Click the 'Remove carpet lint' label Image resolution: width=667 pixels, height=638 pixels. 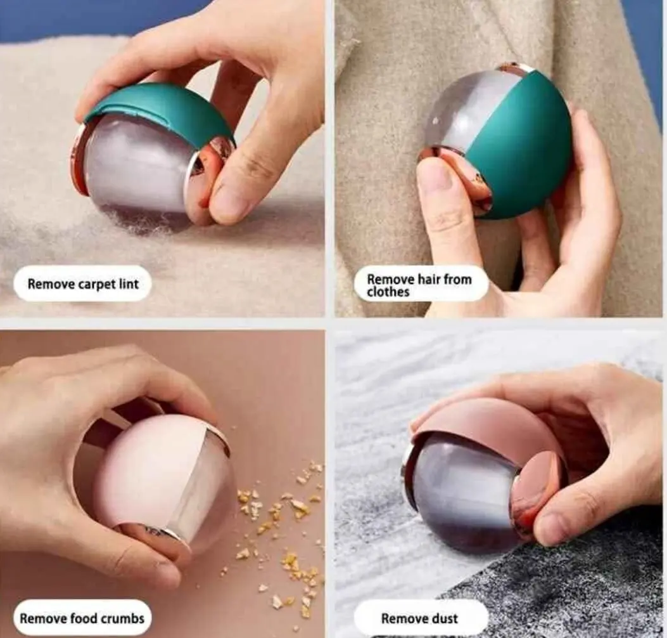[82, 283]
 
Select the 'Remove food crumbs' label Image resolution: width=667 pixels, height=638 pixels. [82, 618]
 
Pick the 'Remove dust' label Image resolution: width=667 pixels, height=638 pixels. [420, 618]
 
